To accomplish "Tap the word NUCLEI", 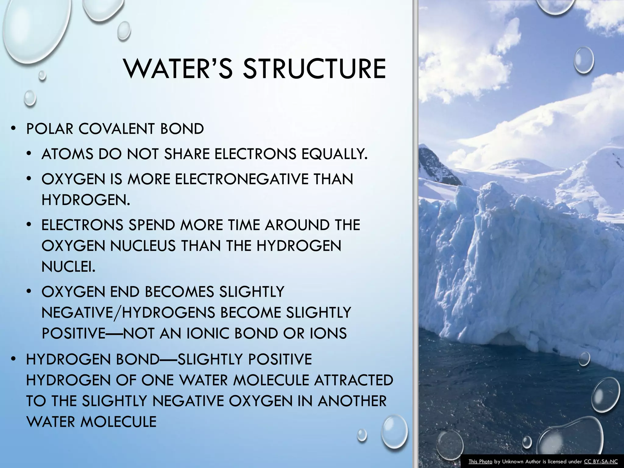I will tap(68, 267).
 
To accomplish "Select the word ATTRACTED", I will tap(353, 380).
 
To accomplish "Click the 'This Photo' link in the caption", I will tap(480, 462).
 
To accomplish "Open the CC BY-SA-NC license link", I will tap(601, 462).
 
